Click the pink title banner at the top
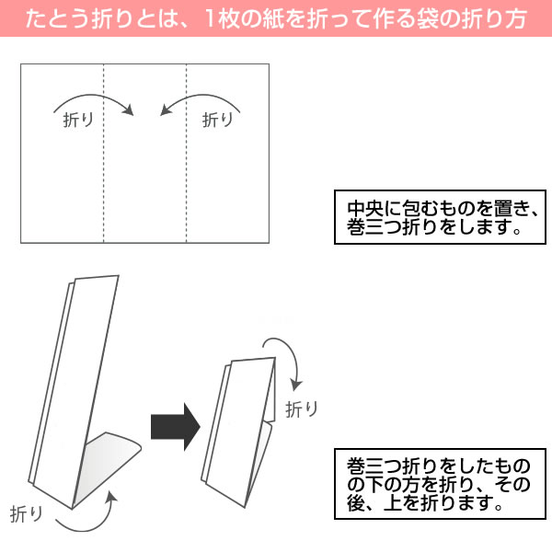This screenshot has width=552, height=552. click(276, 18)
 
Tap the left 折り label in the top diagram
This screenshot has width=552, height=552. click(78, 119)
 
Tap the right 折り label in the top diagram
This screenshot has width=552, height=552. click(218, 119)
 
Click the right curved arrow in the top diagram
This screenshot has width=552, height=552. click(201, 98)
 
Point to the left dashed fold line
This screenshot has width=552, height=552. click(104, 175)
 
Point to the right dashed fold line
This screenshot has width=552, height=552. click(187, 175)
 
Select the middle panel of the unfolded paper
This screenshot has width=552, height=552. click(145, 184)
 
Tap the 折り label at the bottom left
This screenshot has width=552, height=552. click(27, 513)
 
